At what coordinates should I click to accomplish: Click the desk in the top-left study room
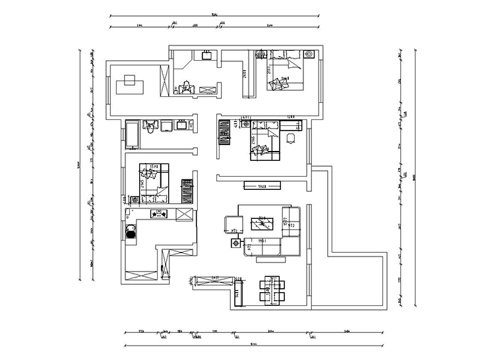coord(129,84)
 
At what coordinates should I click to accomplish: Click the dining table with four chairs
coord(272,288)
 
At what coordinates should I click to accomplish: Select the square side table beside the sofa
coord(235,244)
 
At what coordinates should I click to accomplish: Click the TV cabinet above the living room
coord(260,185)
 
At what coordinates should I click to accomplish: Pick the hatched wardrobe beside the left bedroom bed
coord(187,190)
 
